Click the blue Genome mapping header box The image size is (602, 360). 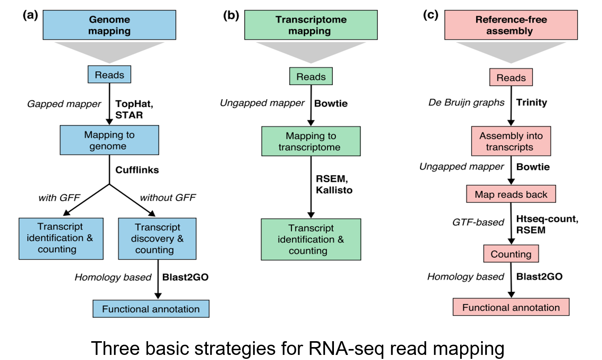(x=109, y=25)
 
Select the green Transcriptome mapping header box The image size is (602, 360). (x=311, y=25)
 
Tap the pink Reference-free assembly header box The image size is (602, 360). (x=511, y=25)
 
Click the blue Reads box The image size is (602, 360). (x=109, y=75)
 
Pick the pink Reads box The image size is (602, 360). (x=511, y=78)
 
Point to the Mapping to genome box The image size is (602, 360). (x=109, y=140)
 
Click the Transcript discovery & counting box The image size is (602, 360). (x=157, y=238)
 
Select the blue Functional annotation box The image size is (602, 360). (x=151, y=309)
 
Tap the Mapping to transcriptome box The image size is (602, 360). (x=311, y=141)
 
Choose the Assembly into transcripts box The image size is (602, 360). (x=511, y=141)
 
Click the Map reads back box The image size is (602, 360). (x=511, y=194)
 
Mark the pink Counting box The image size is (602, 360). (x=511, y=254)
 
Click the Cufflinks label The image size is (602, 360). (x=137, y=170)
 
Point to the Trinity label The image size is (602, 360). (x=531, y=102)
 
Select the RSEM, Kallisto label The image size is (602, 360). (x=334, y=184)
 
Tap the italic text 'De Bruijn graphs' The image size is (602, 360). (x=466, y=102)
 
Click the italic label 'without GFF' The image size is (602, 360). (x=168, y=198)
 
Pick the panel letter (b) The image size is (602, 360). (x=231, y=16)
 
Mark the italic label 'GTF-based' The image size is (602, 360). (x=478, y=222)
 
